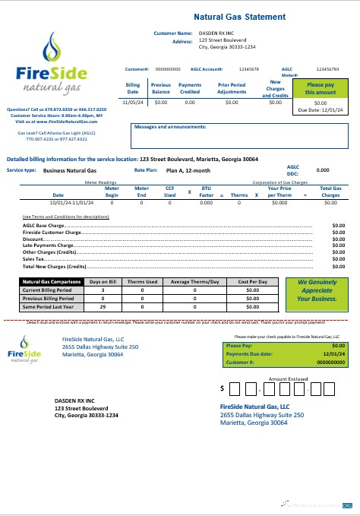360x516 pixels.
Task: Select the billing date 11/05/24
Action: [x=133, y=101]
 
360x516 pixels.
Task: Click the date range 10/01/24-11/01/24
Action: [x=73, y=203]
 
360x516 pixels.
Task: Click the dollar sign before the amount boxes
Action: [x=223, y=388]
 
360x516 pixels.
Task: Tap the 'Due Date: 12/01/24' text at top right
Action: [x=328, y=109]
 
